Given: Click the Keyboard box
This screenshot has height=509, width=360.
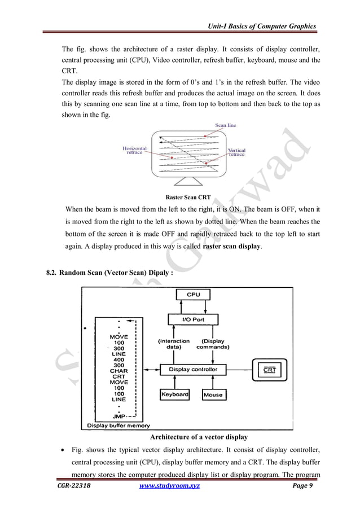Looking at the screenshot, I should (174, 394).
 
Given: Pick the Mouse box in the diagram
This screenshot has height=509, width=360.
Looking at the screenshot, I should (213, 394).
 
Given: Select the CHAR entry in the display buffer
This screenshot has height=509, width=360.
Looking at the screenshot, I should (118, 371).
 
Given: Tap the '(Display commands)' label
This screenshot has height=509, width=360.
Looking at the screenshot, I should (212, 344).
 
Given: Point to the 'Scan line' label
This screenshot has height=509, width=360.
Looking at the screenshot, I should (226, 125).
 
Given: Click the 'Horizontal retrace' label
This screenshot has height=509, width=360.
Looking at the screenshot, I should (134, 151).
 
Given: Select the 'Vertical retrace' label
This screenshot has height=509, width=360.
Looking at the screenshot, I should (236, 153).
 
